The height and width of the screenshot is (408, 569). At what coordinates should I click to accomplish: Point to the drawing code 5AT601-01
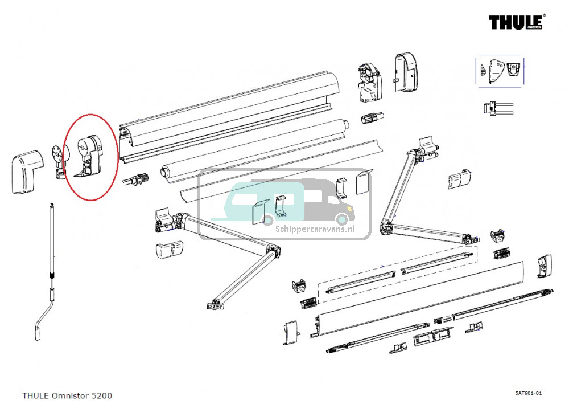click(528, 393)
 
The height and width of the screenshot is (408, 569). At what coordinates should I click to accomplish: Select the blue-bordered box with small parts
click(500, 71)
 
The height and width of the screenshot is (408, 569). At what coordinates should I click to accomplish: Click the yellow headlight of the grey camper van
click(342, 218)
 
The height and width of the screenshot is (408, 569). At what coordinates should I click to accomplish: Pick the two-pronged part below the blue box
click(497, 108)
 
